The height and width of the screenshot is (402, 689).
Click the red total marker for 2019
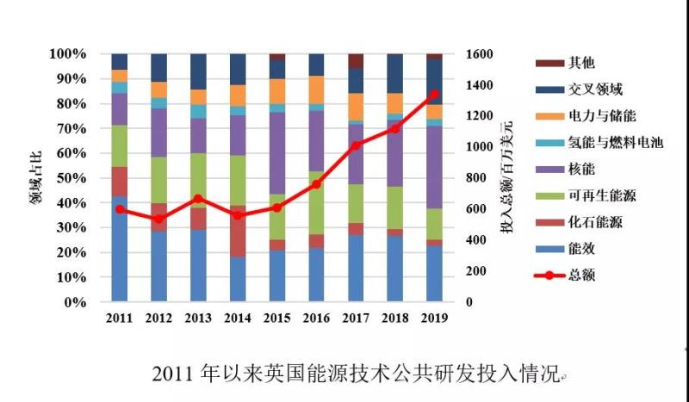pyautogui.click(x=435, y=95)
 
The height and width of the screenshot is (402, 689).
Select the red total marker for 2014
pyautogui.click(x=238, y=215)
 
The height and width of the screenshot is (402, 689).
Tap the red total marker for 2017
pyautogui.click(x=356, y=145)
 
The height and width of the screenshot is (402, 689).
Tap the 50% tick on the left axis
pyautogui.click(x=72, y=178)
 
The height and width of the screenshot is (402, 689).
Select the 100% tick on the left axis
pyautogui.click(x=69, y=54)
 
